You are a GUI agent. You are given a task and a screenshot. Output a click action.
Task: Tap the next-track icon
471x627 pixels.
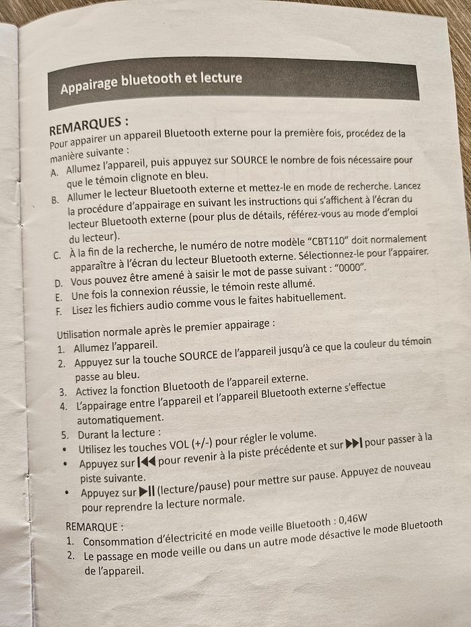[353, 444]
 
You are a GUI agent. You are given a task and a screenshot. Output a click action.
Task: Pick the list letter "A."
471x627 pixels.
[55, 172]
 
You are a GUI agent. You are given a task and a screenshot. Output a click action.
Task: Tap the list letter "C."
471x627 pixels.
[57, 255]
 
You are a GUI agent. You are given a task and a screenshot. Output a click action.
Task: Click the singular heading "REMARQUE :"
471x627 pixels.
[96, 526]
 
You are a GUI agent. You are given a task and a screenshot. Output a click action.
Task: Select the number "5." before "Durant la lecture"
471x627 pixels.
[65, 434]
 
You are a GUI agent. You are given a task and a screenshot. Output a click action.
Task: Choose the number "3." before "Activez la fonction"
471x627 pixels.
[63, 392]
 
